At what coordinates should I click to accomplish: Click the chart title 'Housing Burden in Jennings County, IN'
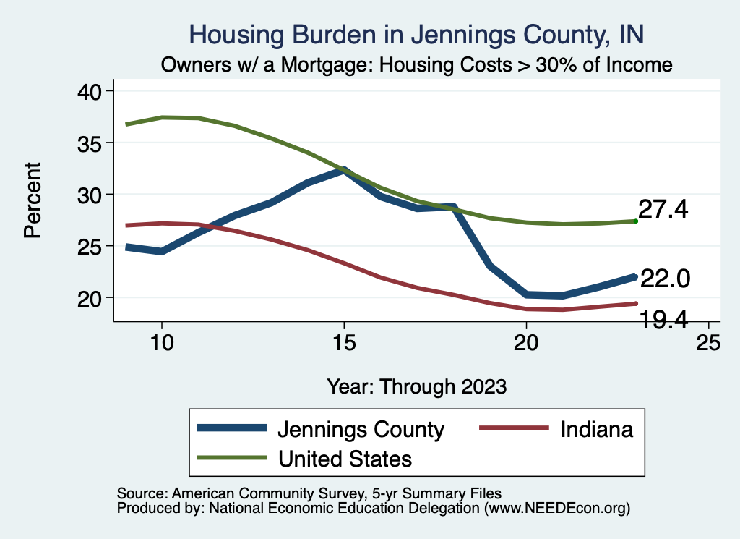point(416,34)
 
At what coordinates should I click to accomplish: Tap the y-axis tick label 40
point(90,91)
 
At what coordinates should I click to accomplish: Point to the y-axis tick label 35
point(90,143)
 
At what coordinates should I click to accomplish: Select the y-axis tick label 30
point(90,195)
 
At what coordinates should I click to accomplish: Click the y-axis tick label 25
point(90,246)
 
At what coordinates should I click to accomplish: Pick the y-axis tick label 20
point(90,298)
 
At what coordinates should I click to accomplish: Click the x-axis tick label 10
point(161,342)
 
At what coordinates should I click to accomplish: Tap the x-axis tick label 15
point(343,342)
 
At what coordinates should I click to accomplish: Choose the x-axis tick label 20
point(526,342)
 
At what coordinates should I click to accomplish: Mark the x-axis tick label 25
point(708,342)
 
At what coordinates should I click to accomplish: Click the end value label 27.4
point(663,210)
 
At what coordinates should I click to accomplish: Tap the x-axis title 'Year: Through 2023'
point(416,386)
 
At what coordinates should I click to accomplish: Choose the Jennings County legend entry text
point(361,429)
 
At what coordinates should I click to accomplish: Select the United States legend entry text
point(345,458)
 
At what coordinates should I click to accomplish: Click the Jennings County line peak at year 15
point(343,171)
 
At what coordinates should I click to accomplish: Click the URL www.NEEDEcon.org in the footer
point(556,509)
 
